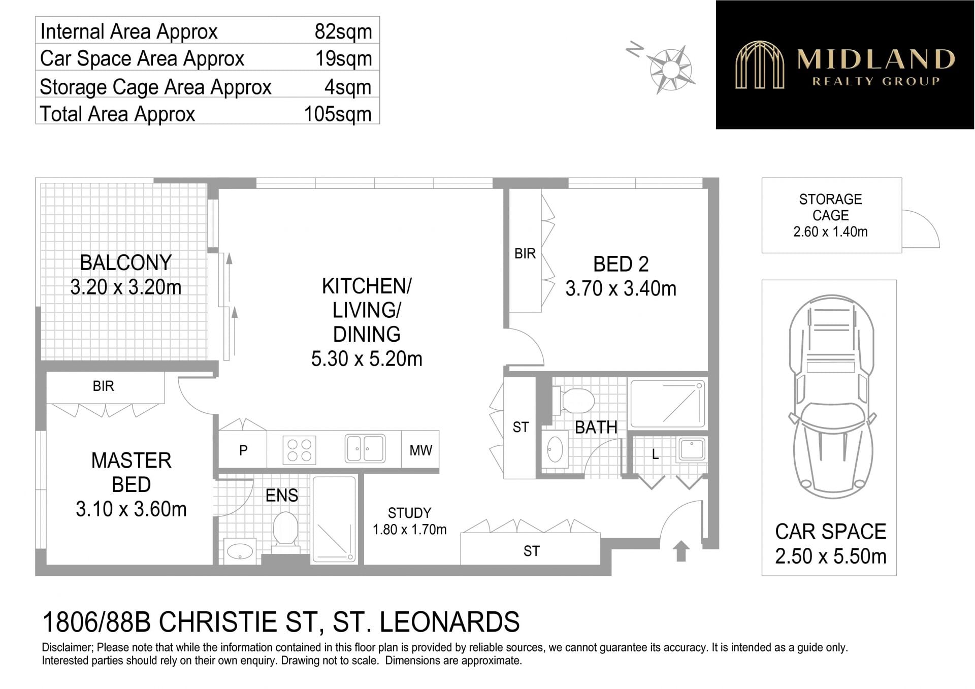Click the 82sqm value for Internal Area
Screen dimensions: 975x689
343,31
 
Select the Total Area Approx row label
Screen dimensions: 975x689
117,114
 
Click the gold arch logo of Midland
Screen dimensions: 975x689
760,64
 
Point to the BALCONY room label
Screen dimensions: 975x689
126,263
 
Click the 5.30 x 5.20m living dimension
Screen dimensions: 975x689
367,359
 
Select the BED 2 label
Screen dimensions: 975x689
621,264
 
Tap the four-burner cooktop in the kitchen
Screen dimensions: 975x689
299,450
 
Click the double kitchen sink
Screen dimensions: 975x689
365,448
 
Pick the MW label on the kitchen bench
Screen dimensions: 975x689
420,450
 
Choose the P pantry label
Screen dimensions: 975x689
243,450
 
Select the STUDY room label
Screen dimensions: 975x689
409,513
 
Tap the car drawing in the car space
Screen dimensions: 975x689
831,397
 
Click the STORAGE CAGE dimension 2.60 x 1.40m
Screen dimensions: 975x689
830,232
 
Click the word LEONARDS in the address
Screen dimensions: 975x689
449,622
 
